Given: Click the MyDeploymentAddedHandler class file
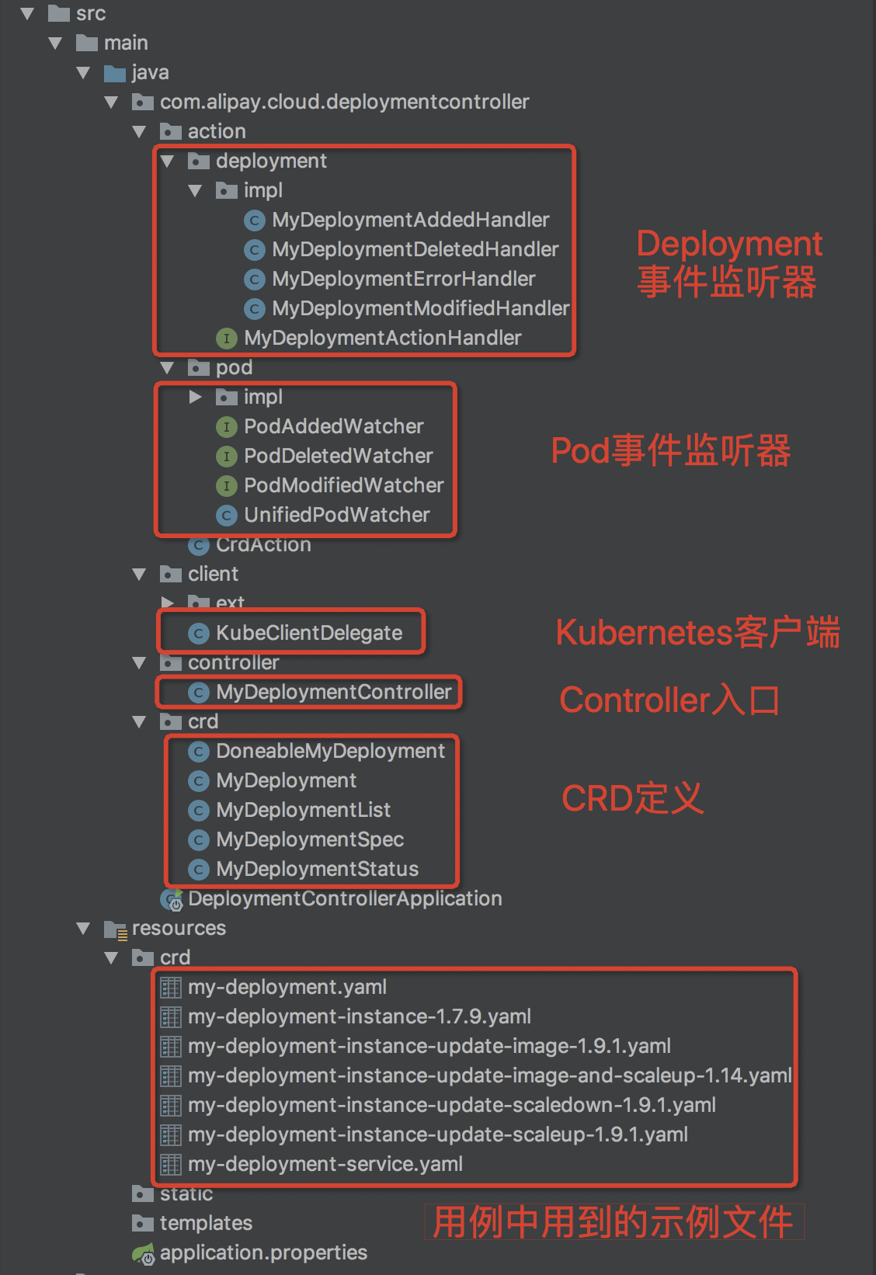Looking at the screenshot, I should tap(410, 221).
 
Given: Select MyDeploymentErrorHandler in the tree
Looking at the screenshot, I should tap(403, 280).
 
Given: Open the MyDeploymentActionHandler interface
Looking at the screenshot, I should tap(382, 339).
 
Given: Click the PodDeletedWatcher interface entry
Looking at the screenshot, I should tap(338, 457).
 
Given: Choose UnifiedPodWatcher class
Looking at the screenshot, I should tap(336, 516).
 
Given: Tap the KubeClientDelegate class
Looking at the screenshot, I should tap(308, 634).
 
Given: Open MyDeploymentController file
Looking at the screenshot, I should tap(333, 693).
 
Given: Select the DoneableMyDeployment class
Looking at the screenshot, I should tap(330, 752).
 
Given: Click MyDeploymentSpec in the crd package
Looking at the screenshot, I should tap(309, 840).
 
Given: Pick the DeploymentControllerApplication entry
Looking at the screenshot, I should tap(344, 899).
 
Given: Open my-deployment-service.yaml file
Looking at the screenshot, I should tap(325, 1165).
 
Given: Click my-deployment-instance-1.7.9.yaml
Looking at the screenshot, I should tap(359, 1017).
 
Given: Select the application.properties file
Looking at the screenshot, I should tap(263, 1253).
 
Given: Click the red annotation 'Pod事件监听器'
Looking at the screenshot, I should tap(670, 451).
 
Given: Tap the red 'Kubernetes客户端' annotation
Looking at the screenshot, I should tap(697, 633).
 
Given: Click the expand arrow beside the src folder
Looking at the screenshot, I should tap(27, 14).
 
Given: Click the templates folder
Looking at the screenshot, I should tap(206, 1224).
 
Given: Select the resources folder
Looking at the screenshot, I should tap(179, 929).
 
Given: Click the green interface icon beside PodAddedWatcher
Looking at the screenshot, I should tap(226, 427).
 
